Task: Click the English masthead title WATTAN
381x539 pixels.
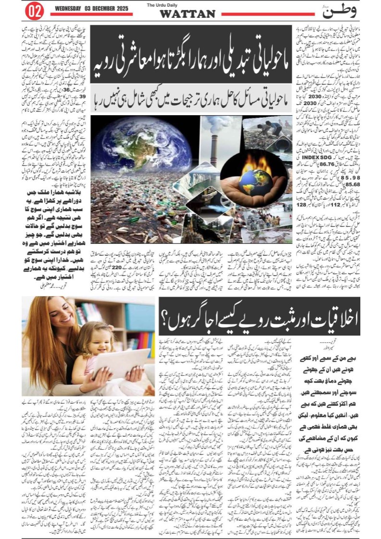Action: [x=187, y=14]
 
